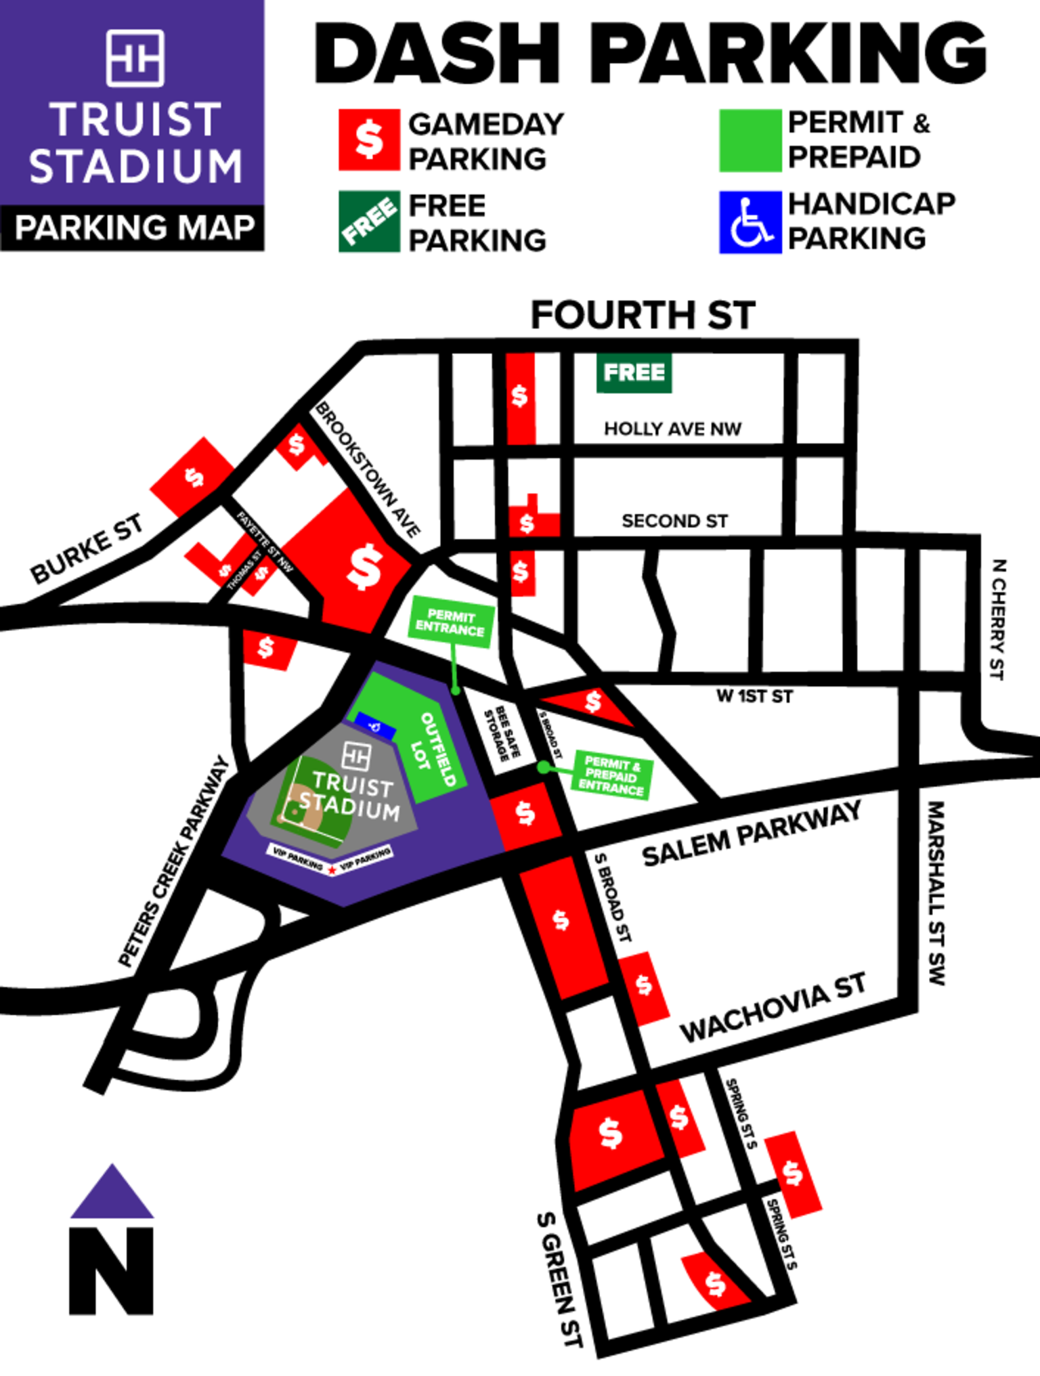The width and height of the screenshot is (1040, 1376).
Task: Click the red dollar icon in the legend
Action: tap(369, 139)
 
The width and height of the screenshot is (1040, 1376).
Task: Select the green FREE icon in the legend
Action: tap(369, 221)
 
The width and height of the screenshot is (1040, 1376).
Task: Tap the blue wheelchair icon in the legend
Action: tap(750, 222)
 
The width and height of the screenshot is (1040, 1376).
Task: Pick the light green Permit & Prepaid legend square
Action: tap(750, 140)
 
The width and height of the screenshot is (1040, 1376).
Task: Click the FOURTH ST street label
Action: tap(643, 316)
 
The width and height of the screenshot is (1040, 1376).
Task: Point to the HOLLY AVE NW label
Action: tap(672, 429)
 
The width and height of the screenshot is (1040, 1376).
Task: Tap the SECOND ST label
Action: tap(674, 521)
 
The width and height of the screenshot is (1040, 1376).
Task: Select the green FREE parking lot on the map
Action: tap(634, 372)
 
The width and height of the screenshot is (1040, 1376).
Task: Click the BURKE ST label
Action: tap(87, 548)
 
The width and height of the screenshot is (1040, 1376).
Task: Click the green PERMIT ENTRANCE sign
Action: tap(451, 622)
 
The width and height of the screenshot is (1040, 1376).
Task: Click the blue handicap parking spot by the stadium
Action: tap(375, 725)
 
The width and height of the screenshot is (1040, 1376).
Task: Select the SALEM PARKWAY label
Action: tap(752, 834)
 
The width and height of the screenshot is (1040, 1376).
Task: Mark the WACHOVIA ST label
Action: tap(773, 1008)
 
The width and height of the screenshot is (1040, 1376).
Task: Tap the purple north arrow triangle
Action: tap(112, 1194)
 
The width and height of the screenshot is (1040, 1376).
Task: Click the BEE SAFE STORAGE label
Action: tap(503, 733)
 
